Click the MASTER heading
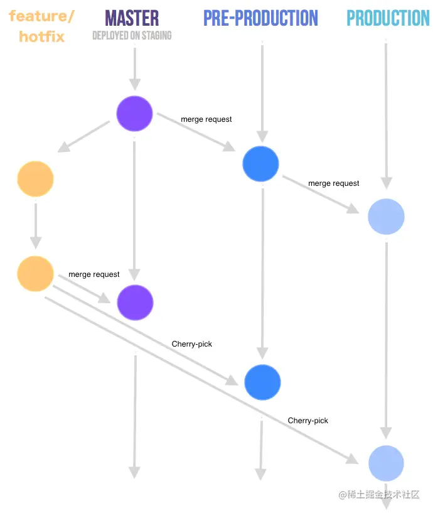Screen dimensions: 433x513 [132, 18]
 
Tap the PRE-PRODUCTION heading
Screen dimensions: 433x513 [260, 18]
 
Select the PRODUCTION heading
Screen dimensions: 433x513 [388, 18]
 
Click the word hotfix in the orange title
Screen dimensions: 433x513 [41, 36]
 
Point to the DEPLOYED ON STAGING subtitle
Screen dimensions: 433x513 [132, 35]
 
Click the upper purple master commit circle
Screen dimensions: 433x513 [134, 114]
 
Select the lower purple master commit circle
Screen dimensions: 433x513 [135, 302]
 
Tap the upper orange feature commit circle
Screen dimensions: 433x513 [35, 178]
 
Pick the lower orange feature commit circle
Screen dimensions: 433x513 [35, 274]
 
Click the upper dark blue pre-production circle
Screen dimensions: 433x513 [260, 164]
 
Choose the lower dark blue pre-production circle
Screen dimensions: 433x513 [262, 382]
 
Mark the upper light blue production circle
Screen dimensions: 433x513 [386, 216]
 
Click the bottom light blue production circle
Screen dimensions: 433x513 [386, 463]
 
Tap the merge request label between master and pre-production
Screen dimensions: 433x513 [206, 119]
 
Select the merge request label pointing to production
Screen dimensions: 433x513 [334, 183]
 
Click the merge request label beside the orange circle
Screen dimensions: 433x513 [94, 274]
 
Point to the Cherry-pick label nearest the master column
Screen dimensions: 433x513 [191, 344]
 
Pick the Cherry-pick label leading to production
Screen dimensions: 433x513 [307, 421]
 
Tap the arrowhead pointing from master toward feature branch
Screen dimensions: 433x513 [63, 147]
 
